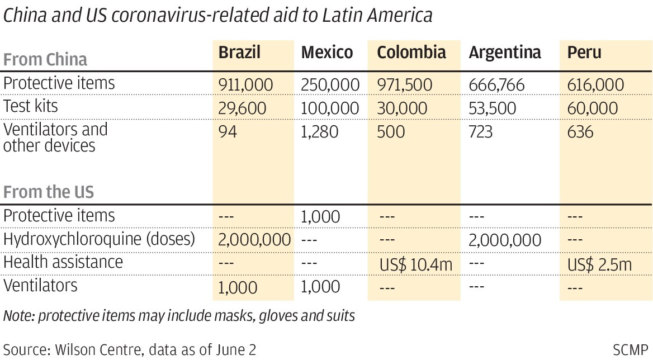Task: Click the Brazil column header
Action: (239, 53)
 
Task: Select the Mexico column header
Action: (327, 53)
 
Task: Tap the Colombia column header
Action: (411, 53)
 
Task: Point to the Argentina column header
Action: (505, 53)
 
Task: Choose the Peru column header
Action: (584, 53)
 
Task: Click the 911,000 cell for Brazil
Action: (245, 85)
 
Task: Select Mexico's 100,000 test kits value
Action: (330, 108)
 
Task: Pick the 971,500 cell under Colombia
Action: (405, 85)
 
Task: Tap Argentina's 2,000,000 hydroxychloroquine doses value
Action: (505, 240)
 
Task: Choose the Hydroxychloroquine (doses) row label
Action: (100, 239)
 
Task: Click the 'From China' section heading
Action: (45, 59)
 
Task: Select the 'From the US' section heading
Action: (49, 192)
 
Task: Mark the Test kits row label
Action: (30, 106)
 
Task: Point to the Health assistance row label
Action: (63, 262)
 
